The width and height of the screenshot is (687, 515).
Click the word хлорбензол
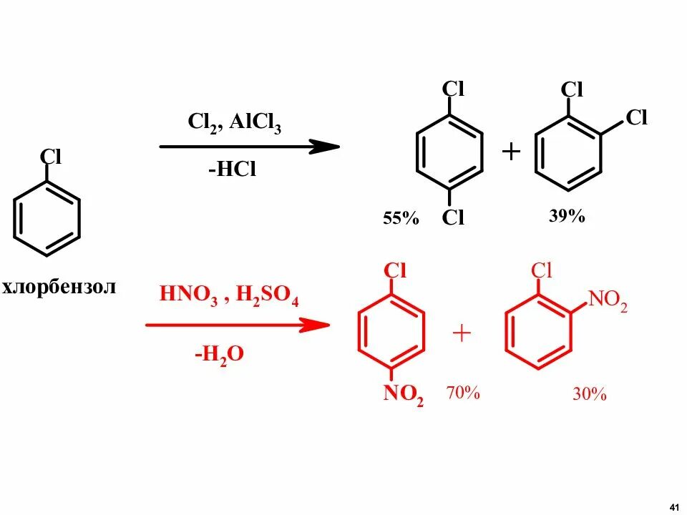pyautogui.click(x=59, y=288)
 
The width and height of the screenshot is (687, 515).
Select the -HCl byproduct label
pyautogui.click(x=232, y=170)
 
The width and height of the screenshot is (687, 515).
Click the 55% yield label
pyautogui.click(x=401, y=218)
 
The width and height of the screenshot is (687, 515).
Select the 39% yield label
pyautogui.click(x=567, y=216)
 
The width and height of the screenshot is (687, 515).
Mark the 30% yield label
pyautogui.click(x=589, y=394)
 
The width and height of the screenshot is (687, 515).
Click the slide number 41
pyautogui.click(x=673, y=506)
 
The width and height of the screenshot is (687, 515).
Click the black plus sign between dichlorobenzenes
pyautogui.click(x=510, y=152)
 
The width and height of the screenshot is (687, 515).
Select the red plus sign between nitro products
pyautogui.click(x=462, y=333)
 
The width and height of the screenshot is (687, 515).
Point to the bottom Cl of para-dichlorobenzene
pyautogui.click(x=453, y=218)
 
